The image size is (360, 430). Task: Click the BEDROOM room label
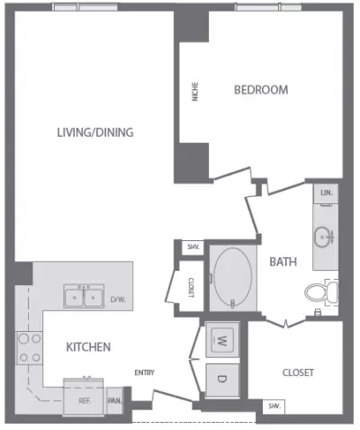click(x=261, y=90)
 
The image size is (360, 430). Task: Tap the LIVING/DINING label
click(x=95, y=132)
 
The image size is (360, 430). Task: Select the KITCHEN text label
click(x=88, y=347)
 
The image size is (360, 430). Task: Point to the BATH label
click(x=283, y=262)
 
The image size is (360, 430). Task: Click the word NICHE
click(x=195, y=92)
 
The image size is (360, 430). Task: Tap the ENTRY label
click(x=144, y=372)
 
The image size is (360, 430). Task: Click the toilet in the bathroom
click(x=321, y=292)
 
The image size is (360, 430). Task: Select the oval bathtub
click(x=233, y=277)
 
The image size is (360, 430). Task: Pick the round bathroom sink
click(x=324, y=237)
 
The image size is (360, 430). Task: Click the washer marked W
click(x=222, y=340)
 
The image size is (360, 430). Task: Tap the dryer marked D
click(x=222, y=380)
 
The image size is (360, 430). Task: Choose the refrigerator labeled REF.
click(x=84, y=396)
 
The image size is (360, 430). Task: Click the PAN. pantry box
click(x=114, y=401)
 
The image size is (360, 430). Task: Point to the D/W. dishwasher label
click(x=118, y=300)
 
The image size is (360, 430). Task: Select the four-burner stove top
click(x=30, y=348)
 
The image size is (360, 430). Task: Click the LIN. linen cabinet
click(x=326, y=193)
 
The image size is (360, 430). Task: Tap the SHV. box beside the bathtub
click(x=193, y=247)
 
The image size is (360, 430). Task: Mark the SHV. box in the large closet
click(x=274, y=407)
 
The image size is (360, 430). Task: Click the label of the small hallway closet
click(x=191, y=288)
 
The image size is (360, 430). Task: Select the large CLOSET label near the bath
click(x=298, y=372)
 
